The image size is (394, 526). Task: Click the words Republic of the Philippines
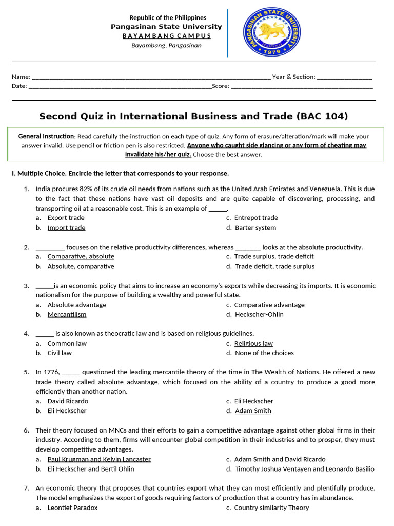[x=167, y=18]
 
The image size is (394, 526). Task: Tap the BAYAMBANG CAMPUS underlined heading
[x=166, y=36]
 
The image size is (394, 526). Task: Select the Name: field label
[x=21, y=77]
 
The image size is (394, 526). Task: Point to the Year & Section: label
[x=293, y=77]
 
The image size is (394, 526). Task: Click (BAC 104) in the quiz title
[x=322, y=116]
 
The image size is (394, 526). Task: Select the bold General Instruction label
[x=46, y=136]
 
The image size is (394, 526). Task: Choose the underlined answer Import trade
[x=66, y=228]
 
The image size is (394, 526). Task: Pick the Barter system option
[x=255, y=228]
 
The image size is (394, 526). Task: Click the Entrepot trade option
[x=256, y=218]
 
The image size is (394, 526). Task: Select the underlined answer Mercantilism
[x=67, y=314]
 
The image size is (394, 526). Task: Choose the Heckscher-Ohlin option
[x=259, y=314]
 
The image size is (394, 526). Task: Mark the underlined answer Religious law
[x=253, y=343]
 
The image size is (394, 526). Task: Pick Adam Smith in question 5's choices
[x=253, y=411]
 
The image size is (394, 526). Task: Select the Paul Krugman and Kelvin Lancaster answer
[x=99, y=459]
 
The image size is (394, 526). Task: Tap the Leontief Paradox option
[x=72, y=508]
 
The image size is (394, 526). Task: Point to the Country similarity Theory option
[x=271, y=508]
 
